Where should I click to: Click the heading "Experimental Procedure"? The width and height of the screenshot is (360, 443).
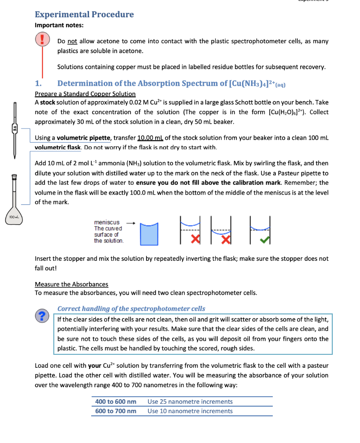click(x=84, y=14)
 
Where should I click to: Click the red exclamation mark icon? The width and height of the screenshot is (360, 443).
click(x=42, y=40)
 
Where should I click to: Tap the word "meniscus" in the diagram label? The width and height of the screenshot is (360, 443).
click(x=107, y=222)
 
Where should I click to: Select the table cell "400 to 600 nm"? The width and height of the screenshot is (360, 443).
click(x=116, y=402)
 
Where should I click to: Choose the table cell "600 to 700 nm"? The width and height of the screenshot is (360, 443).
click(x=116, y=411)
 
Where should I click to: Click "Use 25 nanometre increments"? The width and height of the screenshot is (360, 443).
click(x=190, y=402)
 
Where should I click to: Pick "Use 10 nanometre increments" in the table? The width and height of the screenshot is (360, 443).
click(x=190, y=411)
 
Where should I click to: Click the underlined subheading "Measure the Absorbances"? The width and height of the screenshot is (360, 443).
click(x=71, y=284)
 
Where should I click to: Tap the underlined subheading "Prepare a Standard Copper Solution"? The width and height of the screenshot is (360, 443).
click(x=85, y=94)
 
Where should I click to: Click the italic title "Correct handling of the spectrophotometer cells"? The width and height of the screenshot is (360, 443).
click(x=131, y=308)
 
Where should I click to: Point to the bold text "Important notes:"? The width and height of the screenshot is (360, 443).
click(x=59, y=26)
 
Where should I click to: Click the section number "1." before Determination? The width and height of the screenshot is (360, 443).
click(x=38, y=83)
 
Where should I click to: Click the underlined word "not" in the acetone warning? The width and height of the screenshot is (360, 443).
click(x=72, y=42)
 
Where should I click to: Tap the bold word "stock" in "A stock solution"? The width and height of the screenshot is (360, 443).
click(x=48, y=103)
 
